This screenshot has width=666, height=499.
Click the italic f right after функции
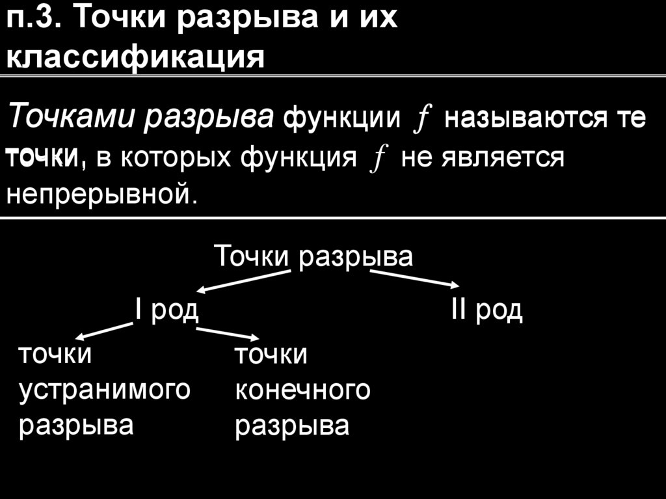click(x=418, y=120)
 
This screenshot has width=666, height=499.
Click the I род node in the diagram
click(x=166, y=310)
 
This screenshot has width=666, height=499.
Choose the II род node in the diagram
click(x=486, y=310)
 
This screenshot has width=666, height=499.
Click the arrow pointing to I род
click(x=244, y=282)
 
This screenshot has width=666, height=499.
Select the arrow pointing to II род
click(x=414, y=278)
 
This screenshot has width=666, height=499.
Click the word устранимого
click(x=105, y=390)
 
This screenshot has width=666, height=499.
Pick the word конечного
click(x=302, y=390)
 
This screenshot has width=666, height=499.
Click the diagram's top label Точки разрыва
click(x=313, y=256)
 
